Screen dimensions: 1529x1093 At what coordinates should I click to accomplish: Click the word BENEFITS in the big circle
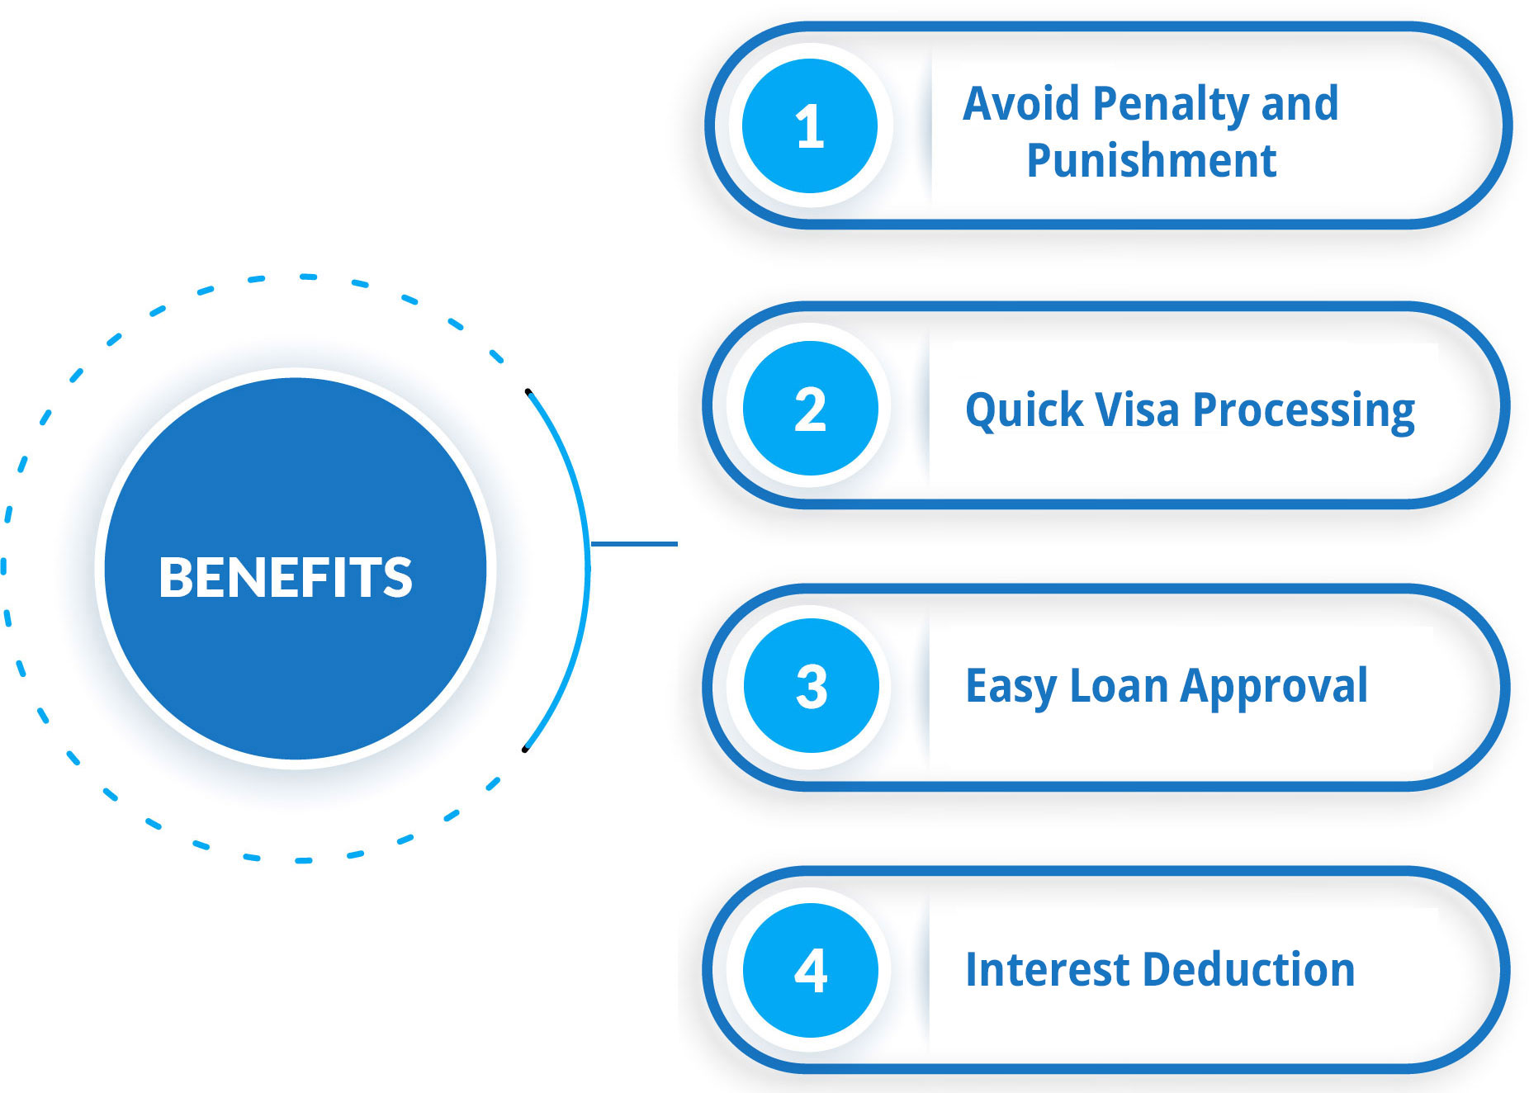pos(286,576)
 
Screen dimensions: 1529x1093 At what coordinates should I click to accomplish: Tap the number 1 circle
pos(810,126)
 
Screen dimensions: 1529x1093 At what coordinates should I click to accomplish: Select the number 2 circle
pos(810,409)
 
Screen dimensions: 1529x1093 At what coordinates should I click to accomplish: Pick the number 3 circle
pos(811,686)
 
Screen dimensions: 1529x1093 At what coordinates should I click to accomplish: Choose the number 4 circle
pos(810,971)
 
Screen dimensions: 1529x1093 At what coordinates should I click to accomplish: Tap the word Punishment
pos(1152,160)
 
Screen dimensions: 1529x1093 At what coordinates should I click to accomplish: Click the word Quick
pos(1025,410)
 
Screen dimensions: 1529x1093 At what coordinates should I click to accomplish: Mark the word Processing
pos(1304,411)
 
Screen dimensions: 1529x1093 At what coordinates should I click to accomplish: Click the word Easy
pos(1011,688)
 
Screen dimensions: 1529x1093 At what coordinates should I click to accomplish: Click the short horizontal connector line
pos(634,544)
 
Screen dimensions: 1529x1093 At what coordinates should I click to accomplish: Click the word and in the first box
pos(1300,104)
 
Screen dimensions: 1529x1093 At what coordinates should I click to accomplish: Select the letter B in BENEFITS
pos(174,576)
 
